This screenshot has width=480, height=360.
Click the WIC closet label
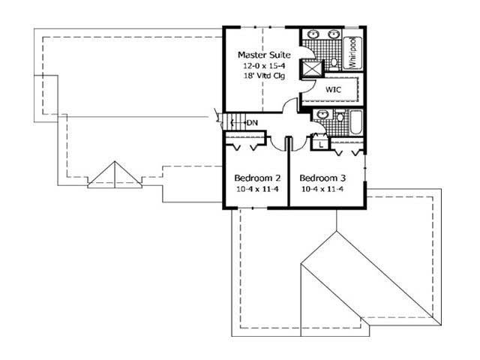click(333, 89)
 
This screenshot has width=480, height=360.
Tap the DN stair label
click(252, 123)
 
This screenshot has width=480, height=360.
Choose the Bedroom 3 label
click(322, 178)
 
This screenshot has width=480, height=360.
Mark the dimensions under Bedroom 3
click(322, 189)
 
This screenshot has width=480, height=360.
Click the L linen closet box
click(320, 142)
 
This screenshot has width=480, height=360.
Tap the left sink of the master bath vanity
click(313, 37)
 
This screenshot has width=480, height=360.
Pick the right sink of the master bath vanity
click(332, 37)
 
